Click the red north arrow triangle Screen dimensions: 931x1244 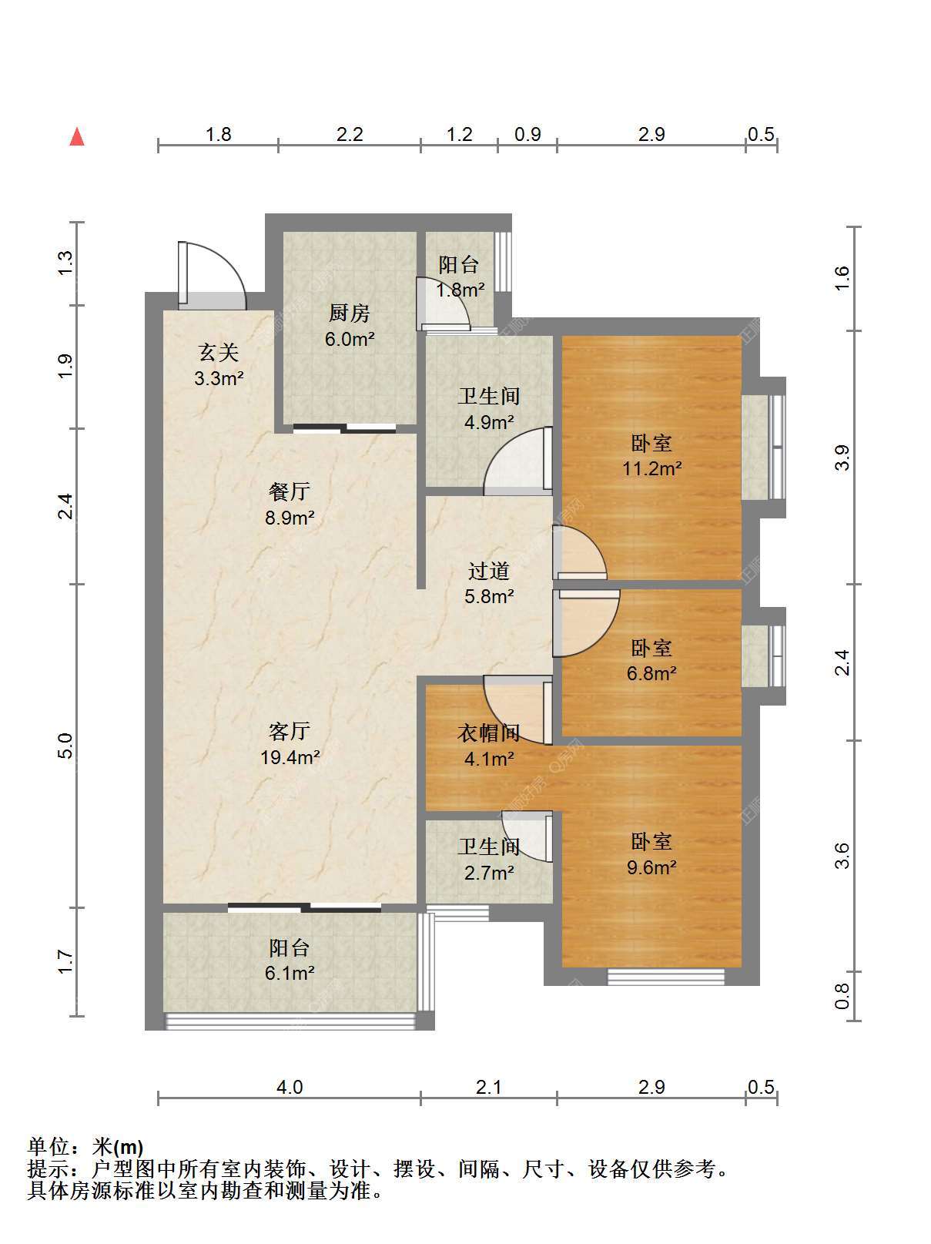point(77,137)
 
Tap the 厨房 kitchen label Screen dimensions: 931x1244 point(350,313)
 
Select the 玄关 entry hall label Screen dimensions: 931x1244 point(219,353)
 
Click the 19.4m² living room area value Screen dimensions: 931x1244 point(290,757)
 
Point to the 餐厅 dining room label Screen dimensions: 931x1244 point(290,491)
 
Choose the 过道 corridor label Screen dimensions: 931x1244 point(489,571)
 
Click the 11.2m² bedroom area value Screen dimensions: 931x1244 point(651,468)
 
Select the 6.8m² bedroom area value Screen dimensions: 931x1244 point(651,673)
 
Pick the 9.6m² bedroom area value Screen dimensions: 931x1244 point(651,867)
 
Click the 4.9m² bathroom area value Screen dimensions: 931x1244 point(489,421)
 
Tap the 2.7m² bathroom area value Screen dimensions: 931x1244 point(489,873)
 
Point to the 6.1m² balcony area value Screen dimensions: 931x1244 point(290,973)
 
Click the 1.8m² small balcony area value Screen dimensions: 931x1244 point(460,290)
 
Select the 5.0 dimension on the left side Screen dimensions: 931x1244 point(65,746)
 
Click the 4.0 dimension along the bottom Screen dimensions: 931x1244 point(290,1087)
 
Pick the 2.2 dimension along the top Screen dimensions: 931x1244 point(350,134)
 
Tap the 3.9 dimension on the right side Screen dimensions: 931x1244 point(842,458)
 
